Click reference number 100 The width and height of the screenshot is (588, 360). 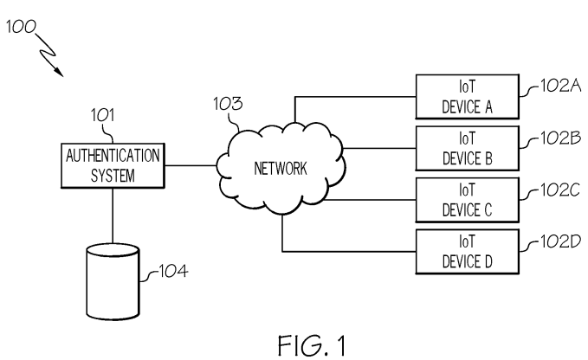click(x=20, y=29)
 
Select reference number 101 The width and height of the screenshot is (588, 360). click(x=103, y=114)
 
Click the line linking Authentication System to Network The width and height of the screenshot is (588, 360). click(x=191, y=164)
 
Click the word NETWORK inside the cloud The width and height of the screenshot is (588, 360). click(x=280, y=169)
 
